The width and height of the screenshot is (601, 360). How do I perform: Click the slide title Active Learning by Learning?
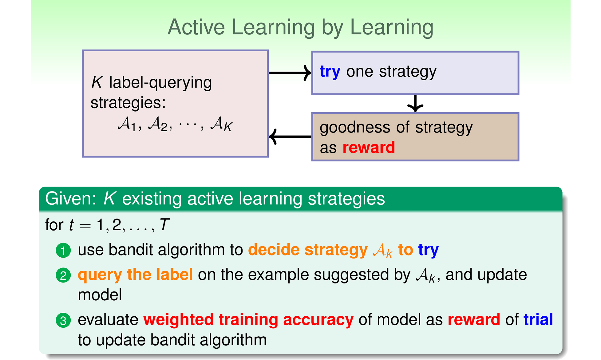click(x=300, y=28)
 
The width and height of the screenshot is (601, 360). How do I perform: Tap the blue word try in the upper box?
click(x=330, y=72)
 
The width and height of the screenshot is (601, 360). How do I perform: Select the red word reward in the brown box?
click(x=369, y=147)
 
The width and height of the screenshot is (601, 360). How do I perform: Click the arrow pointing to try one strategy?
click(x=290, y=73)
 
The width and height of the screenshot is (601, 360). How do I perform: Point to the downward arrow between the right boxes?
click(x=415, y=104)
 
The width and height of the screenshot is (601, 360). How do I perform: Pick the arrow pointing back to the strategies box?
click(x=290, y=136)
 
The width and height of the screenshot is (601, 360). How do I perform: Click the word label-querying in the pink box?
click(x=160, y=83)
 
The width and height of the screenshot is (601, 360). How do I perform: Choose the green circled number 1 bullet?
click(x=63, y=250)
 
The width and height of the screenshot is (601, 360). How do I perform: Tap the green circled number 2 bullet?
click(x=63, y=275)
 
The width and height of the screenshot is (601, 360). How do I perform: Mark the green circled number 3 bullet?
click(x=63, y=320)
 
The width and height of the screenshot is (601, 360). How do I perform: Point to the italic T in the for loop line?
click(x=164, y=225)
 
